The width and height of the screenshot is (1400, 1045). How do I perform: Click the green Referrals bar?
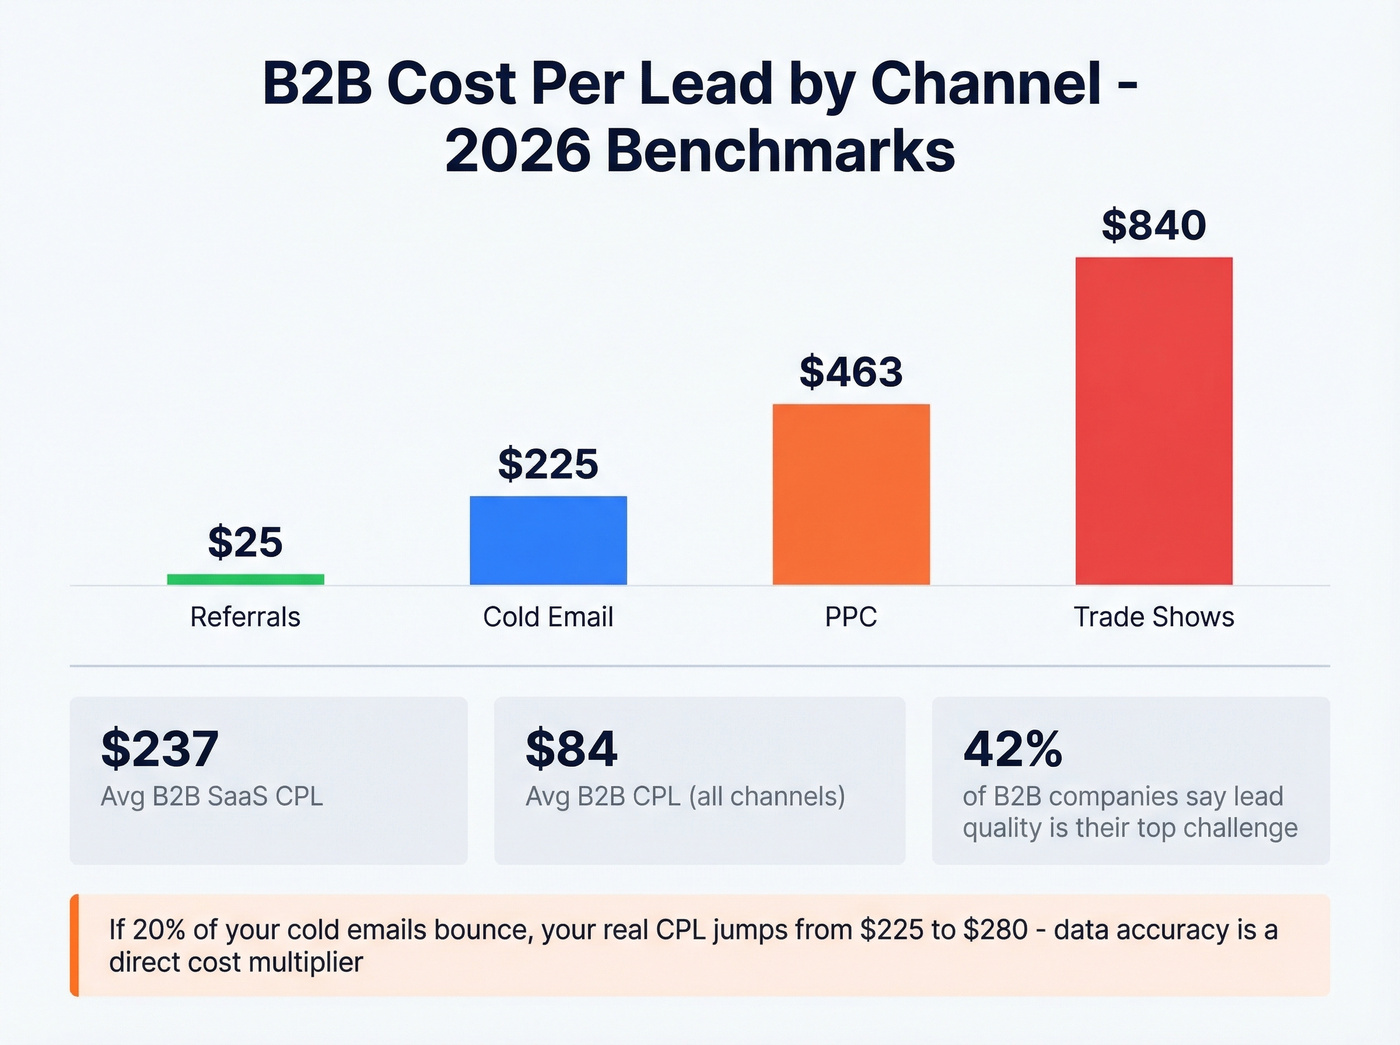pos(245,579)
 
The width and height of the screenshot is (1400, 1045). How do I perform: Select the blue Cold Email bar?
pos(548,540)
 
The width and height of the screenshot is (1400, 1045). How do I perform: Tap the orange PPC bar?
pos(851,494)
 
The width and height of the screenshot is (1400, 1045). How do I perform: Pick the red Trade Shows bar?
pos(1154,420)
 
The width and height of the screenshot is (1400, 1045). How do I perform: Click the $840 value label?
pos(1154,225)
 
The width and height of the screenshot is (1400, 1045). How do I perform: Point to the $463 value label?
pos(851,372)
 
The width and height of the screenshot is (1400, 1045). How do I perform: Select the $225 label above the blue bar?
pos(548,464)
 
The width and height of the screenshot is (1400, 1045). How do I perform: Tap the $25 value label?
pos(245,542)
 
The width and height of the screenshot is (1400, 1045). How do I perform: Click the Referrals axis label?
pos(245,617)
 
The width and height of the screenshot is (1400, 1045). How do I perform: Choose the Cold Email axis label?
pos(548,617)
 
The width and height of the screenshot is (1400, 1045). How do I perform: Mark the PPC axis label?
pos(851,617)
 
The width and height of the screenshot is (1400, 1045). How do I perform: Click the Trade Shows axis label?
pos(1154,617)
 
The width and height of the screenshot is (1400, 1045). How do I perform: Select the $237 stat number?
pos(160,749)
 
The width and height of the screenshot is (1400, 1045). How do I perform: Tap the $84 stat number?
pos(572,749)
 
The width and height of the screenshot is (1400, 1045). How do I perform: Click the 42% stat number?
pos(1012,749)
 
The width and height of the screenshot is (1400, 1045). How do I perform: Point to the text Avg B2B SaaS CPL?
pos(212,796)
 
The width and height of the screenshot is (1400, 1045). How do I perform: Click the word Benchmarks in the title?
pos(780,151)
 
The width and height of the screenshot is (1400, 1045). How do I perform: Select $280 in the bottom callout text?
pos(995,930)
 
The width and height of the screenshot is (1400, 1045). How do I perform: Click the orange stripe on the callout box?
pos(74,945)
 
